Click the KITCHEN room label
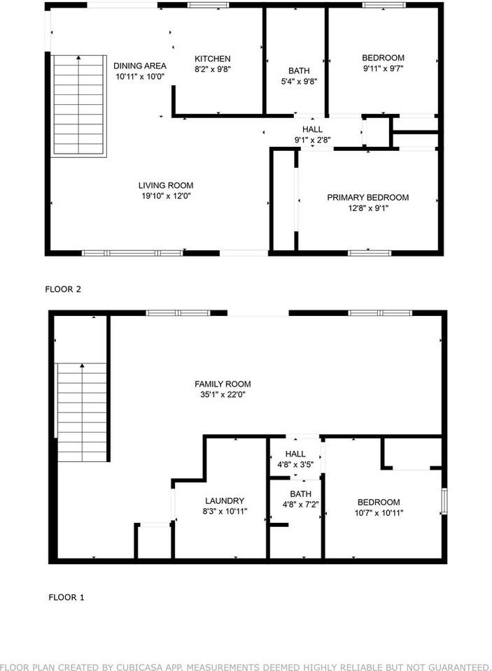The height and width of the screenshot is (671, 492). click(212, 59)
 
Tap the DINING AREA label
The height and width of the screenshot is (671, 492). click(140, 66)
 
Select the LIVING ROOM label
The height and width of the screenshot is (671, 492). click(164, 185)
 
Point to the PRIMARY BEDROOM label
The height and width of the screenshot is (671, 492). click(367, 198)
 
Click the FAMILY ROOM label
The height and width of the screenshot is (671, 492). click(222, 384)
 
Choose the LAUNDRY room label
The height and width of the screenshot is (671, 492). click(224, 500)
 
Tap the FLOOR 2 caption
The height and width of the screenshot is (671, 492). click(64, 289)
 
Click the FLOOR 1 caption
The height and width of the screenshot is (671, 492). click(66, 598)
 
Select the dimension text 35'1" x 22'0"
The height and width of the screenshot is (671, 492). click(222, 395)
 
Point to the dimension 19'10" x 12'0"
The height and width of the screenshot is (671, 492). click(164, 196)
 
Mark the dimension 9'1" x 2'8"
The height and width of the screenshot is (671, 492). click(312, 140)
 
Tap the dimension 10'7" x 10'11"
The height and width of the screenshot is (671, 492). click(378, 513)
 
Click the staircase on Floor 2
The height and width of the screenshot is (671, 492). click(79, 105)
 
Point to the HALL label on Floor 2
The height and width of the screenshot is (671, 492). click(312, 129)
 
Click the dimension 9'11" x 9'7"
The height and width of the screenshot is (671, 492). click(383, 69)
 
